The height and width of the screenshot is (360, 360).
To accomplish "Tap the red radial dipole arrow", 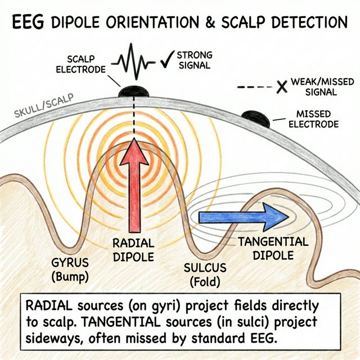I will point(134,186).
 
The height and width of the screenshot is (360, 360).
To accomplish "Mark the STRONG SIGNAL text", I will point(195,60).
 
